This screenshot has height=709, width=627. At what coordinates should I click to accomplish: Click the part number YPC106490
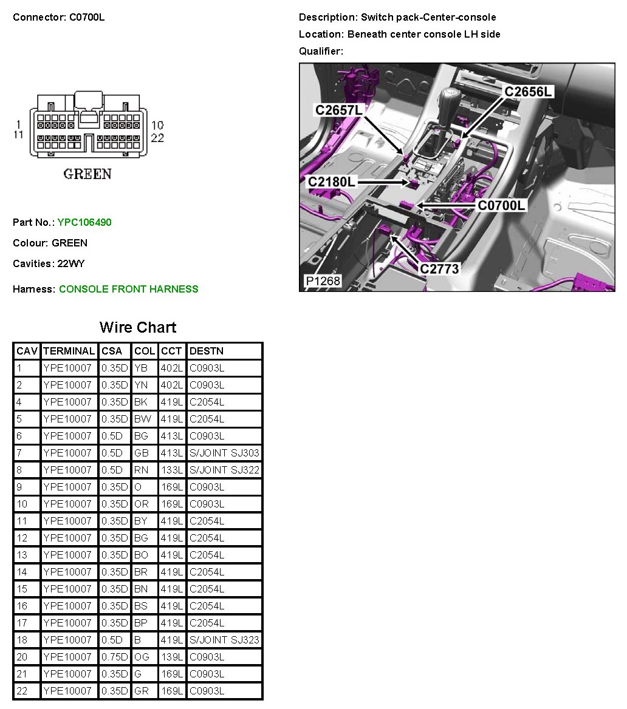point(84,222)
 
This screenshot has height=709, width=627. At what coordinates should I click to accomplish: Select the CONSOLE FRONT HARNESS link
point(129,289)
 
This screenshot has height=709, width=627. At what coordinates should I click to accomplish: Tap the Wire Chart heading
point(138,327)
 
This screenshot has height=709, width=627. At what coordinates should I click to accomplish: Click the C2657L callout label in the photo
point(338,110)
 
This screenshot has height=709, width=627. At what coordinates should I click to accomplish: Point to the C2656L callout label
point(528,92)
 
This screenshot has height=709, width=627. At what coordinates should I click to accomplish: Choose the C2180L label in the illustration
point(331,181)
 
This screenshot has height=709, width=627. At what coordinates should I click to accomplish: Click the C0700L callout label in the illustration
point(502,205)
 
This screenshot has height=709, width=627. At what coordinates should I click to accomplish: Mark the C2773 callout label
point(439,268)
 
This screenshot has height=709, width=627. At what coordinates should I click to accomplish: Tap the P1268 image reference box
point(323,281)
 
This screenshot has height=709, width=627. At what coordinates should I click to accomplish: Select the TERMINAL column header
point(69,351)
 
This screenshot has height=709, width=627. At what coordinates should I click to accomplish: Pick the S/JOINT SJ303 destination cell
point(225,453)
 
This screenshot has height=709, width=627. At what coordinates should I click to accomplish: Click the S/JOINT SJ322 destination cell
point(225,470)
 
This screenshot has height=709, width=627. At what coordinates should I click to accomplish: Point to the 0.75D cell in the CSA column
point(115,657)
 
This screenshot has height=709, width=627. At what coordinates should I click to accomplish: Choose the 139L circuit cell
point(172,657)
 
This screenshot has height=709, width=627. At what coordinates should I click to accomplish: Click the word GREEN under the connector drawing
point(87,174)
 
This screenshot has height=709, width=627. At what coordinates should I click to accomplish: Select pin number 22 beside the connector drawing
point(157,138)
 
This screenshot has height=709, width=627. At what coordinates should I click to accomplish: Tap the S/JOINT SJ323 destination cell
point(225,640)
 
